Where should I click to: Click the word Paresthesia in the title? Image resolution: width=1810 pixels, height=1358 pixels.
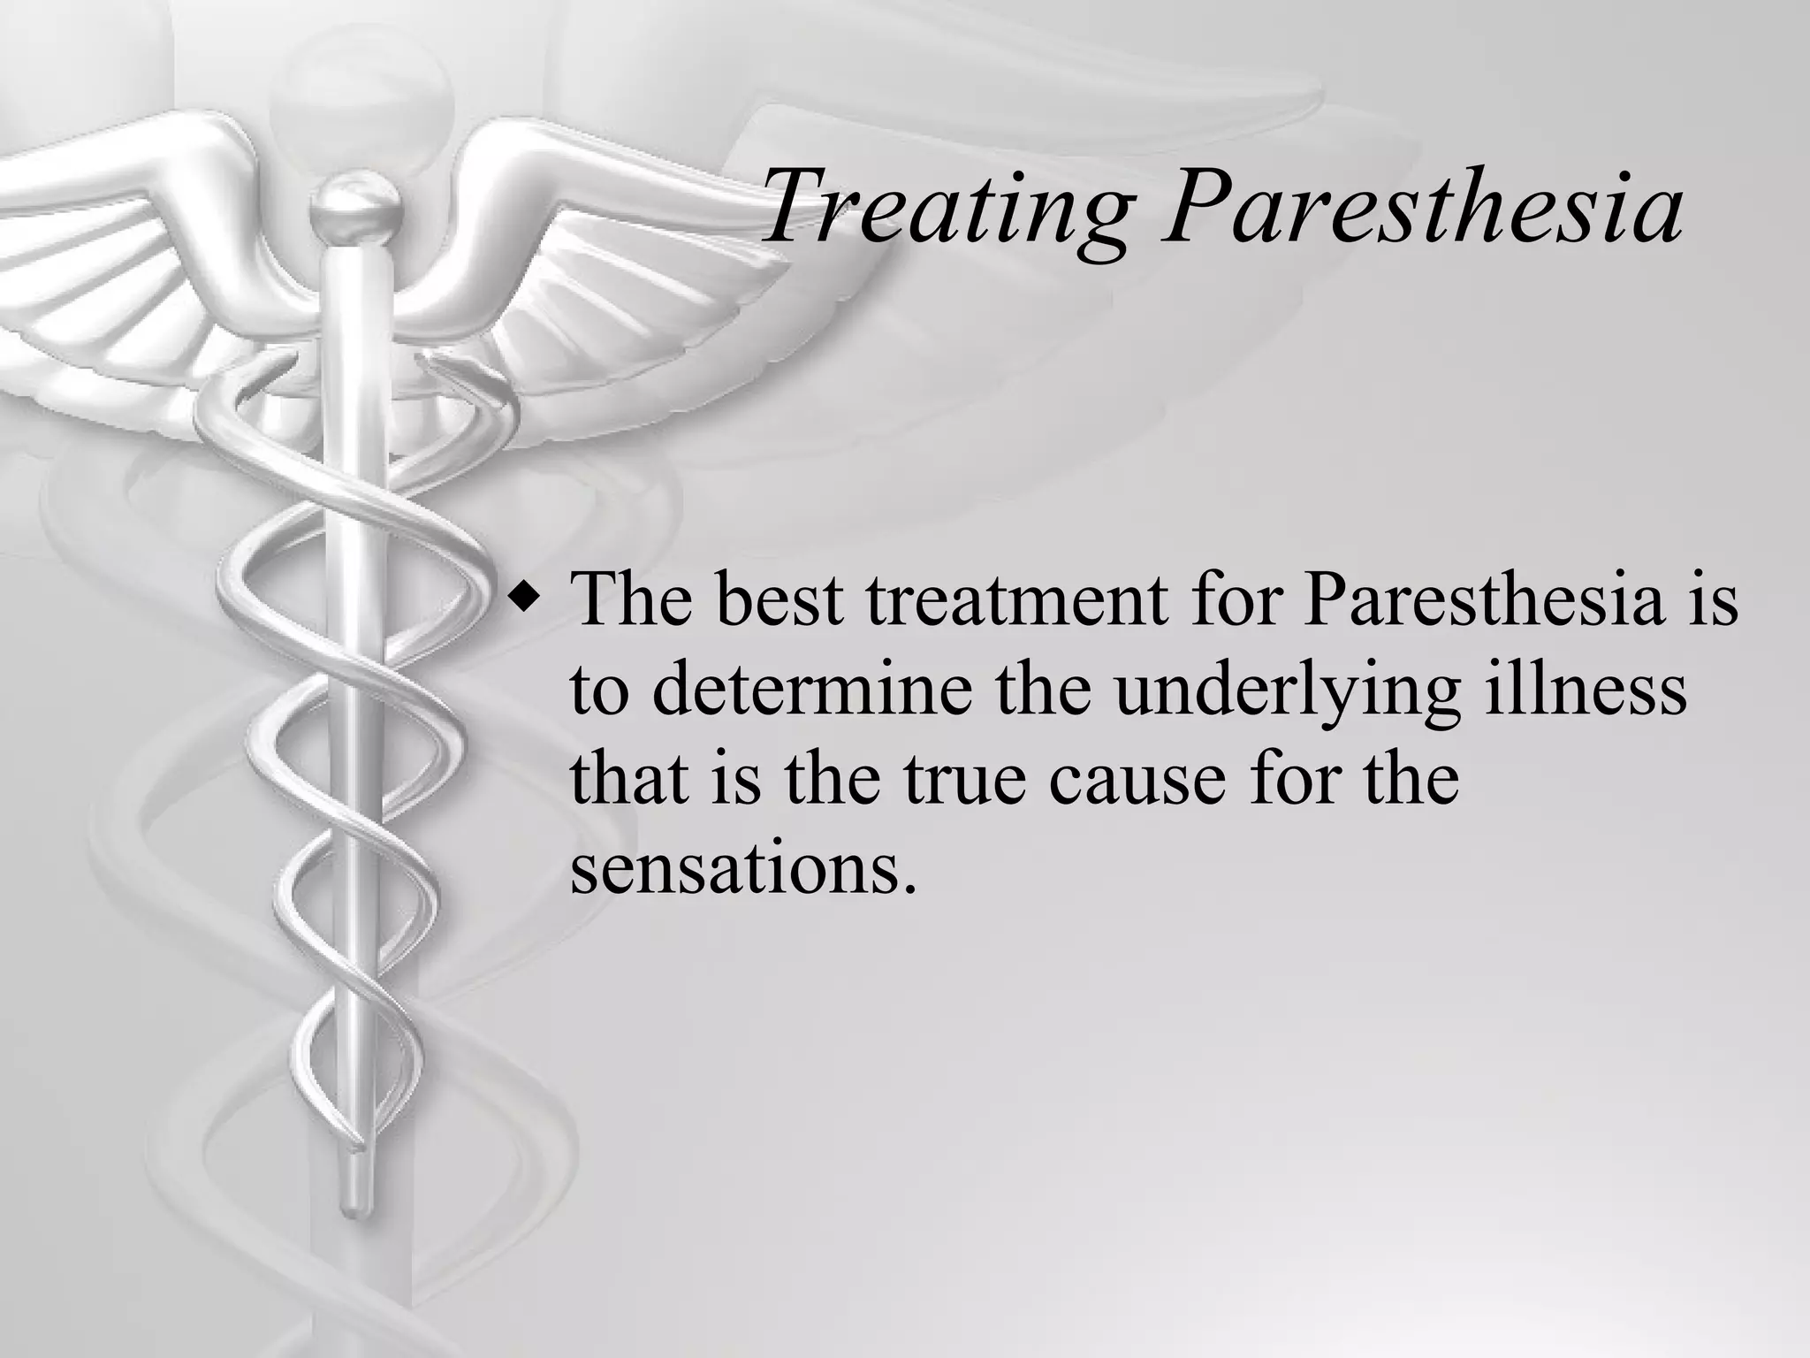pyautogui.click(x=1422, y=209)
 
